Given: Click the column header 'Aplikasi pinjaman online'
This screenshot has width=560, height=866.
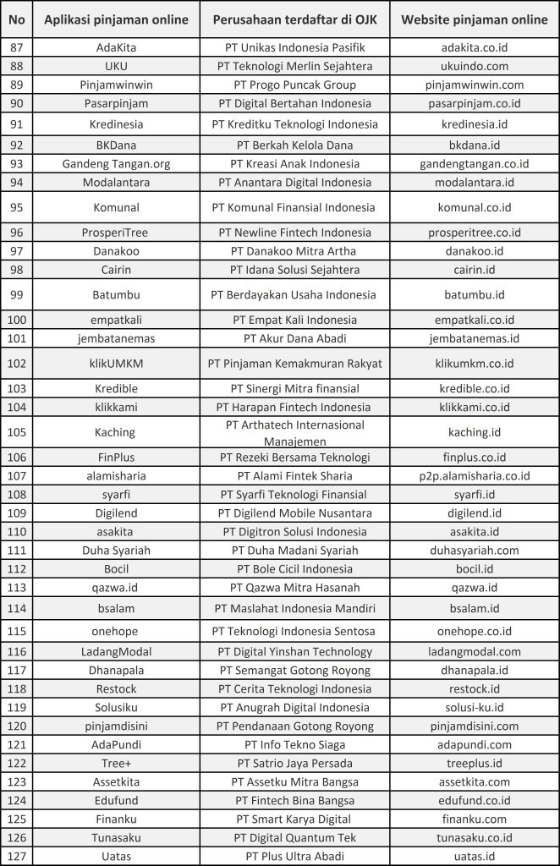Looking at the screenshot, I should point(117,19).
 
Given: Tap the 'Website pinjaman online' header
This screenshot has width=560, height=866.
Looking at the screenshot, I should point(474,19).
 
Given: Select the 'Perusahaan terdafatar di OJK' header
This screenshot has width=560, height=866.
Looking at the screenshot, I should point(294,19).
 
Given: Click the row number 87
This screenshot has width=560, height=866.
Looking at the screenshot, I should point(17,47).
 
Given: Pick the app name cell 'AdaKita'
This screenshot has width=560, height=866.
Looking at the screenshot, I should point(117,47).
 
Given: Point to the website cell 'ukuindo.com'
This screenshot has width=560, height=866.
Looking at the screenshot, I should point(474,66).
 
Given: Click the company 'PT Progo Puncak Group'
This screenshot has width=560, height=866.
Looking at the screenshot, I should point(294,85).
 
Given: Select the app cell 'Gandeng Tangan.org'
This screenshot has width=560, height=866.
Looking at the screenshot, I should point(117,163).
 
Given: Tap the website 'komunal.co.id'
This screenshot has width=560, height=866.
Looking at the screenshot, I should point(474,206).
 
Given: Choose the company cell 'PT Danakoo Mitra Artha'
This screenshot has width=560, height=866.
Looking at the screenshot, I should point(294,251).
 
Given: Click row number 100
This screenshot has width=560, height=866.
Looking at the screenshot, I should point(17,320).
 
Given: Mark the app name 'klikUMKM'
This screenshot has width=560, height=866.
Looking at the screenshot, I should point(117,364).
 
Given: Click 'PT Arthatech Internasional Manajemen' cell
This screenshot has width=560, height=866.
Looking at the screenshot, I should point(294,432).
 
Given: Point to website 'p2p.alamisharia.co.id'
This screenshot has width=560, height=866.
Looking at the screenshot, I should point(474,475).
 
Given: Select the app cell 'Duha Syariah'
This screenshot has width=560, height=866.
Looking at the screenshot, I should point(117,550).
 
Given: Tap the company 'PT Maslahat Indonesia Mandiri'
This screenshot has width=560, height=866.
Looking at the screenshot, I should point(294,608).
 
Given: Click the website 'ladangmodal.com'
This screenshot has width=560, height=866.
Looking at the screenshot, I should point(474,651).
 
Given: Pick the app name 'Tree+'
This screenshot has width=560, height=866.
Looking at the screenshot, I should point(117,763).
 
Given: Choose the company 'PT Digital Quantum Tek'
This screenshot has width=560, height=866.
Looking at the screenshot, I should point(294,837).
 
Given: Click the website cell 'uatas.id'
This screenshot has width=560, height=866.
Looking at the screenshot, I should point(474,856).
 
